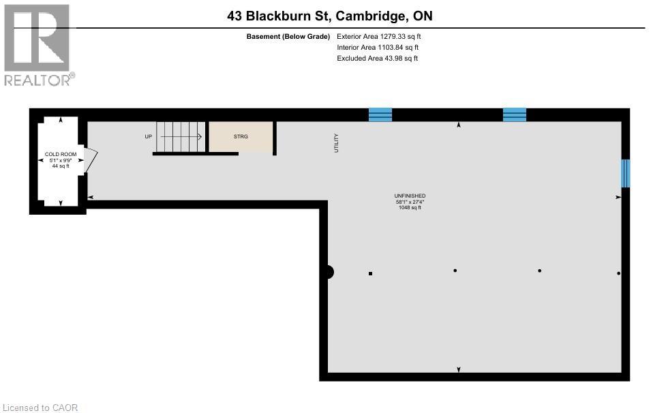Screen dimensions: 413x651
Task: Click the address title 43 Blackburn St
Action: (x=330, y=16)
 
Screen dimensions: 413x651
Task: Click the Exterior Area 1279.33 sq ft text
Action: (x=383, y=36)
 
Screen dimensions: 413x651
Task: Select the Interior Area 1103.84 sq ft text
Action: (x=378, y=47)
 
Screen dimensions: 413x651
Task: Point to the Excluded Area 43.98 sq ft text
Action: (x=377, y=58)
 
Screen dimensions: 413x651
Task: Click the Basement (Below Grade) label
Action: (x=288, y=36)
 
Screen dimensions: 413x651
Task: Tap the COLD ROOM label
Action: (x=61, y=154)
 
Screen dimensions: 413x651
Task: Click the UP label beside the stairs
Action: (x=148, y=136)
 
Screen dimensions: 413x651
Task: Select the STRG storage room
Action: (x=241, y=136)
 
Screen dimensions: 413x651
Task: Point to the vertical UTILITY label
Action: (x=336, y=142)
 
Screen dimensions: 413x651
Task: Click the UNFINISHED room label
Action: (x=410, y=196)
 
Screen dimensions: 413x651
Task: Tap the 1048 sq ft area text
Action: (x=410, y=207)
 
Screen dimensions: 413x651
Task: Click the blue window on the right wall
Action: (x=624, y=173)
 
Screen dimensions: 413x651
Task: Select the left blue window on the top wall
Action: (x=380, y=114)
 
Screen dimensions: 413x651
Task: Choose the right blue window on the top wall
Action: (x=515, y=114)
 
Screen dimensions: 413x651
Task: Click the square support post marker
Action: (x=371, y=273)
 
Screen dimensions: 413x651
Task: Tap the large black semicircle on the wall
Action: (x=329, y=272)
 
